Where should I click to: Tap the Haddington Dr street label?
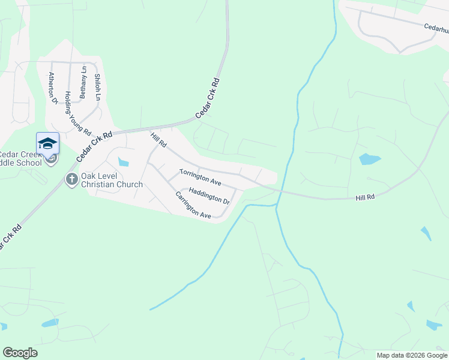pos(209,196)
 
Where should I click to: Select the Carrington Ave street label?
pos(193,205)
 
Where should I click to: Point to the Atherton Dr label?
pos(53,88)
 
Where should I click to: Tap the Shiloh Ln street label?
pos(97,88)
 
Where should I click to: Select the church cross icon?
pos(71,179)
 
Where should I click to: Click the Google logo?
pos(20,353)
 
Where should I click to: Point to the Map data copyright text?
pos(411,355)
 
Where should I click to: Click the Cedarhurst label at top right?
pos(436,28)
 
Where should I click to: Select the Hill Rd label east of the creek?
pos(365,197)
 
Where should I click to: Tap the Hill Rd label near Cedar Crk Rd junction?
pos(158,142)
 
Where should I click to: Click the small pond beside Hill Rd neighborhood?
pos(124,161)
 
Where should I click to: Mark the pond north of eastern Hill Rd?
pos(369,159)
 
